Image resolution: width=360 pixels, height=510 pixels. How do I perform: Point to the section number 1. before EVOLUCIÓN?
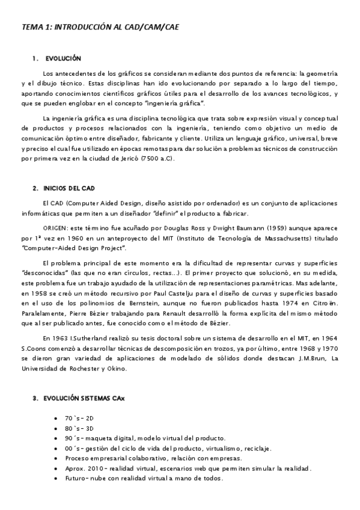pos(35,58)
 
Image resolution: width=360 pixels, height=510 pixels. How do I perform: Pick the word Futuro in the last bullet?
pos(77,478)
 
